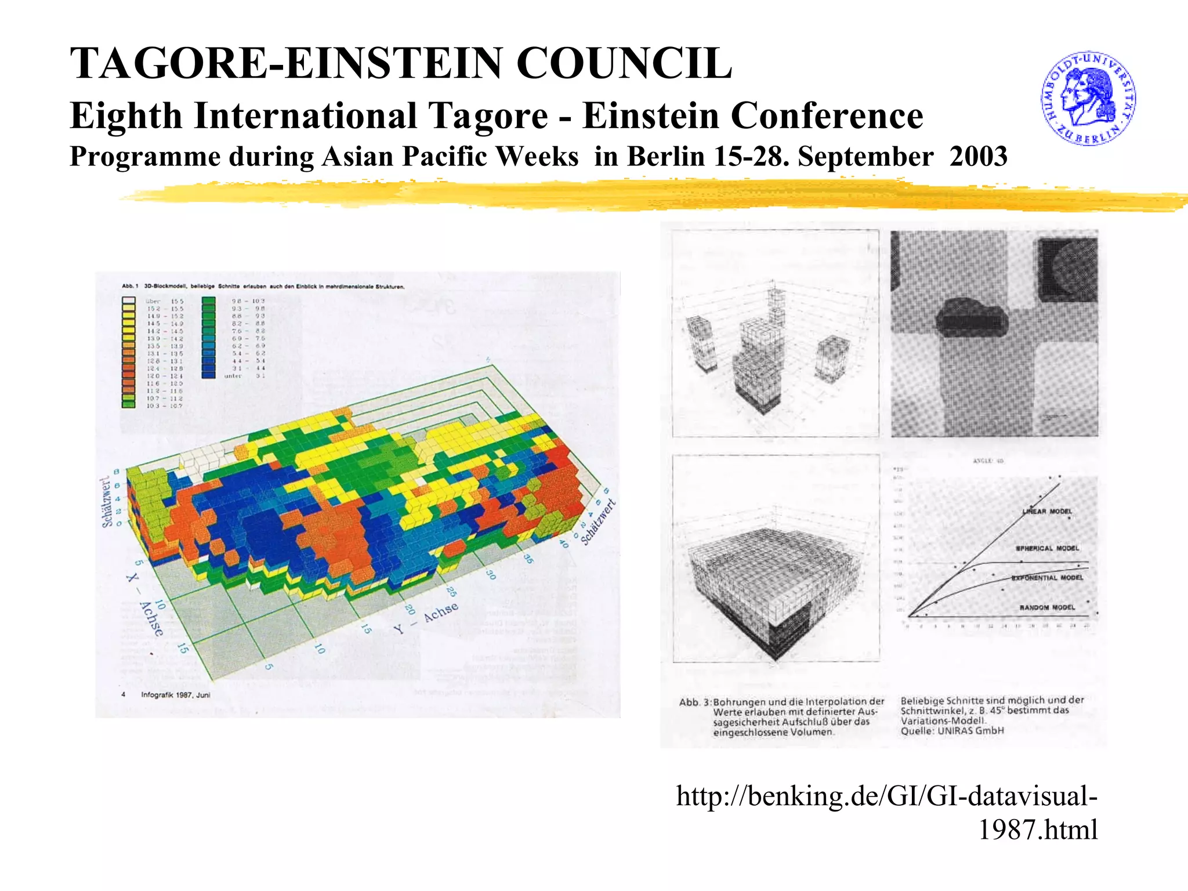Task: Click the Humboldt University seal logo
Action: click(x=1088, y=98)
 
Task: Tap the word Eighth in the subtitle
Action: click(x=126, y=115)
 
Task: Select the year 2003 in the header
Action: click(x=979, y=157)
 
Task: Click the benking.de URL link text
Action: click(x=887, y=812)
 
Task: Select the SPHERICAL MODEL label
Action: click(x=1047, y=548)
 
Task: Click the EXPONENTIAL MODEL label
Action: click(x=1047, y=578)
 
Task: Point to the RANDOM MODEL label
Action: click(x=1047, y=607)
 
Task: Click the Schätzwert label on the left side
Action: click(x=107, y=502)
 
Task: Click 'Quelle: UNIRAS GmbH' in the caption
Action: click(x=952, y=731)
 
